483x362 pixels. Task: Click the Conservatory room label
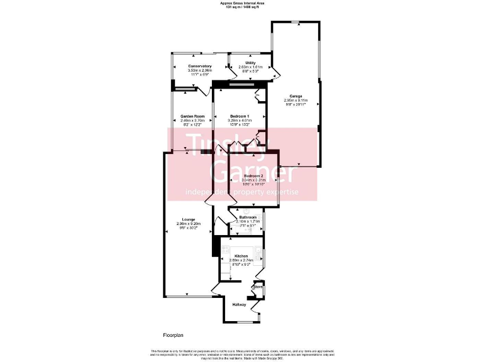tap(199, 66)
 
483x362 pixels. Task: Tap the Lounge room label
tap(189, 219)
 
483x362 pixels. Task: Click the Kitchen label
tap(241, 256)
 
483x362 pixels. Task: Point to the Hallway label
tap(240, 305)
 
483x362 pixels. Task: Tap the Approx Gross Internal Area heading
tap(242, 3)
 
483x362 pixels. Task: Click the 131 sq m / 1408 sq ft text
tap(242, 7)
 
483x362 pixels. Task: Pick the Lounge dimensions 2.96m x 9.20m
tap(189, 224)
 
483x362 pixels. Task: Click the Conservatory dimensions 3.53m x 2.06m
tap(199, 70)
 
